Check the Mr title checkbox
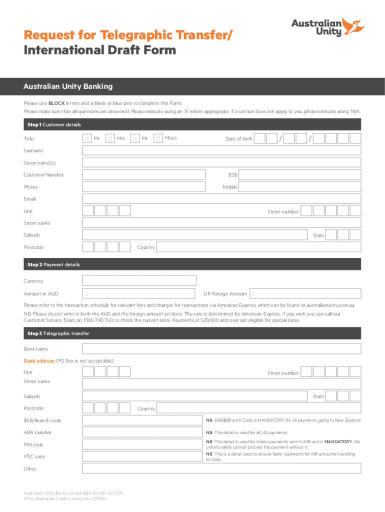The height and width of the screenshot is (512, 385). pos(87,138)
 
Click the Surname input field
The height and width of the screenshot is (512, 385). pos(221,150)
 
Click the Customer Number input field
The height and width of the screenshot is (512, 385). pos(144,174)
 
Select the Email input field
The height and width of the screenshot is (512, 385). pos(221,199)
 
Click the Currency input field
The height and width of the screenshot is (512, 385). pos(139,281)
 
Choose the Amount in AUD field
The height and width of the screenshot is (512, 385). pos(139,293)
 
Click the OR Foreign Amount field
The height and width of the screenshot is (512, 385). pos(305,293)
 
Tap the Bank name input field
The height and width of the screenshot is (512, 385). pos(221,348)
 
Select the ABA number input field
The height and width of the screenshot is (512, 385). pos(142,432)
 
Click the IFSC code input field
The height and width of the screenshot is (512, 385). pos(142,456)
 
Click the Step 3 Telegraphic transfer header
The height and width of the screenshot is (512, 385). pos(56,333)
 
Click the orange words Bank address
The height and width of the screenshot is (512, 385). pos(38,360)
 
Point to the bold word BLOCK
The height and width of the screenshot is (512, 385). pos(56,103)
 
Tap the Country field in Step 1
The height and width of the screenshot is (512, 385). pos(258,247)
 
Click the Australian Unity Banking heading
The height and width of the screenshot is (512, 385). pos(68,86)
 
